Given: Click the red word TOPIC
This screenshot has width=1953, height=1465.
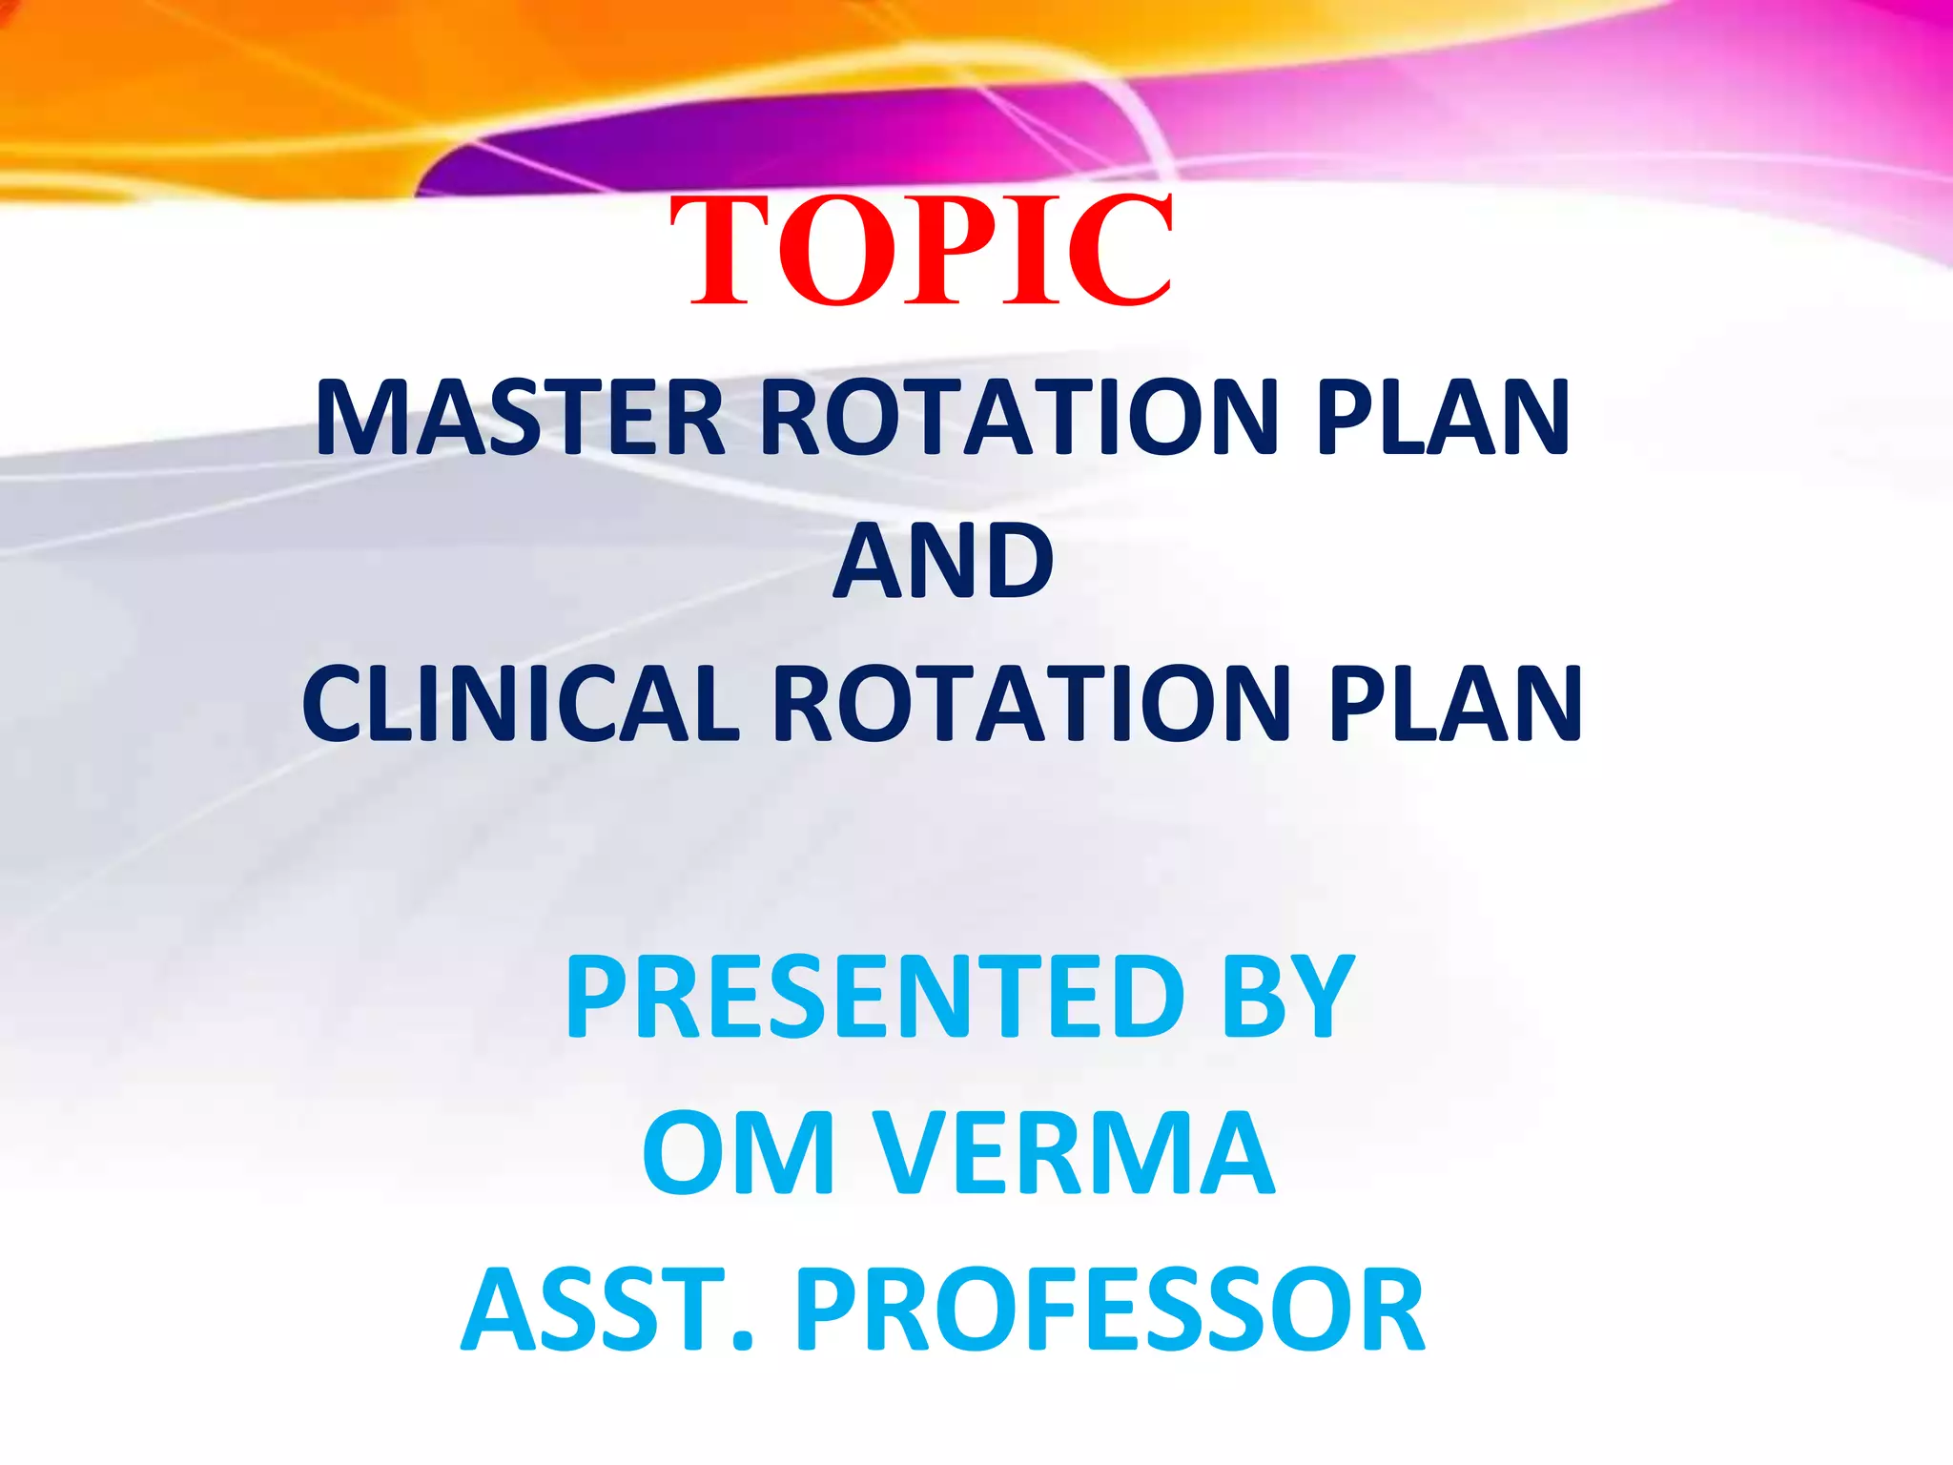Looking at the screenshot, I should click(x=921, y=251).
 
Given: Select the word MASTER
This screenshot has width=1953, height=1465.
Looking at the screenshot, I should click(x=521, y=418).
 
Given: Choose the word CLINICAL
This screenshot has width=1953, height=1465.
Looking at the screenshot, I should click(x=521, y=704).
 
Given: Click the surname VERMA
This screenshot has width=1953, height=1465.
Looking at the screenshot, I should click(x=1074, y=1152).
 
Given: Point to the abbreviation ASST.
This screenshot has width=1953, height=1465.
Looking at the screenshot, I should click(x=606, y=1309).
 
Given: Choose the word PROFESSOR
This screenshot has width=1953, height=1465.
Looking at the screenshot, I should click(x=1110, y=1309).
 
